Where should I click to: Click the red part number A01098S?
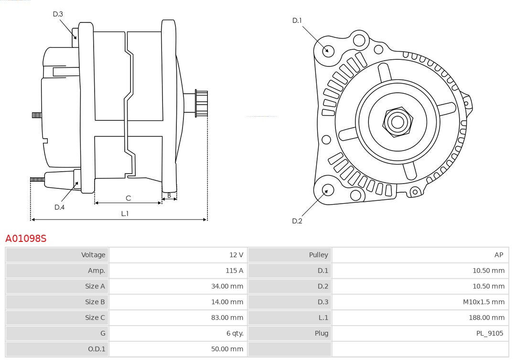click(26, 238)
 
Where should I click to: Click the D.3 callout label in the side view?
click(58, 14)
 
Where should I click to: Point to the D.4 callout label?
click(59, 207)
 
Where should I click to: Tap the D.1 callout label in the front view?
click(297, 20)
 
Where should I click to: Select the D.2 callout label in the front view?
click(297, 221)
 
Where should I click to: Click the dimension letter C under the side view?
click(128, 198)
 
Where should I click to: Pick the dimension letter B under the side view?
click(169, 195)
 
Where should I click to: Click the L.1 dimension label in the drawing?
click(125, 214)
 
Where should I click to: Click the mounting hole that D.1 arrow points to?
click(328, 50)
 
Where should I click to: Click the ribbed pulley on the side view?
click(201, 103)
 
